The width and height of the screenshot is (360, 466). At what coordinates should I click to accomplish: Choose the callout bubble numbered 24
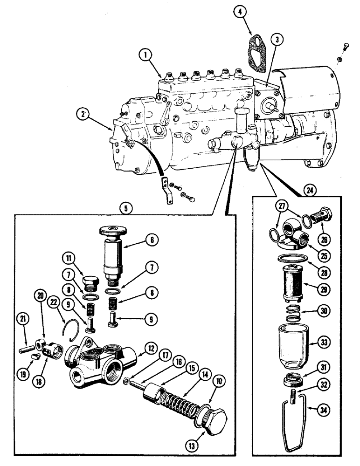(x=308, y=190)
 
